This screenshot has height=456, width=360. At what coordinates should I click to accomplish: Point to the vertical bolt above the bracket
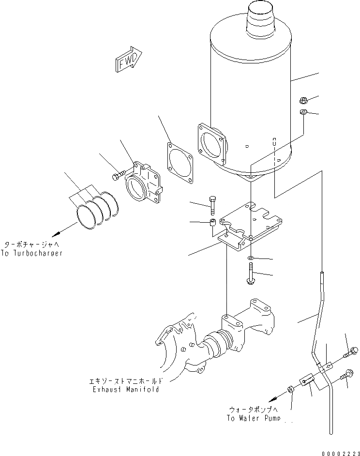tap(212, 205)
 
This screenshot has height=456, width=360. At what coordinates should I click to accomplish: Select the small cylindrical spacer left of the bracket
tap(212, 225)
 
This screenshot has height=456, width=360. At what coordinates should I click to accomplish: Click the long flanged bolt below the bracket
tap(250, 274)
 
